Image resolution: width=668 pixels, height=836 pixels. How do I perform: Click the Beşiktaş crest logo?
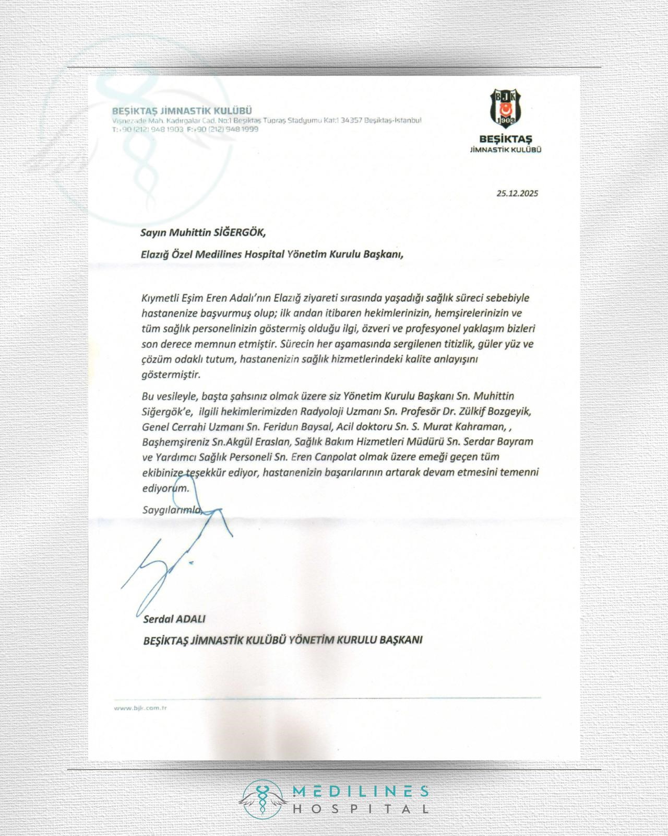(x=505, y=107)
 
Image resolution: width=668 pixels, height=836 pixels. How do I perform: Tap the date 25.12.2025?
(x=517, y=193)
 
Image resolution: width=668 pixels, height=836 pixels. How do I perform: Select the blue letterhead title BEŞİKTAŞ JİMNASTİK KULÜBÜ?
(x=183, y=111)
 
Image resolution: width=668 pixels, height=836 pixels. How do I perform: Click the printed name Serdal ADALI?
(x=174, y=619)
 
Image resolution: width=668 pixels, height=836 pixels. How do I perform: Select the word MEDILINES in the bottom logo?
(x=360, y=792)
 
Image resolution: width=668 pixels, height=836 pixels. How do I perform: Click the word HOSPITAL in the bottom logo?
(x=360, y=809)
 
